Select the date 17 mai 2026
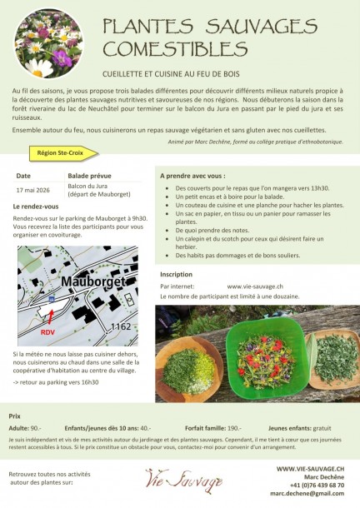(x=32, y=189)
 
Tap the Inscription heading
(x=176, y=273)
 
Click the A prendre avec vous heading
(x=192, y=177)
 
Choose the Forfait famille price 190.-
(x=233, y=426)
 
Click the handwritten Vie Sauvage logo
(x=183, y=480)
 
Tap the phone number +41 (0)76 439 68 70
(x=317, y=486)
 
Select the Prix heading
(x=14, y=415)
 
